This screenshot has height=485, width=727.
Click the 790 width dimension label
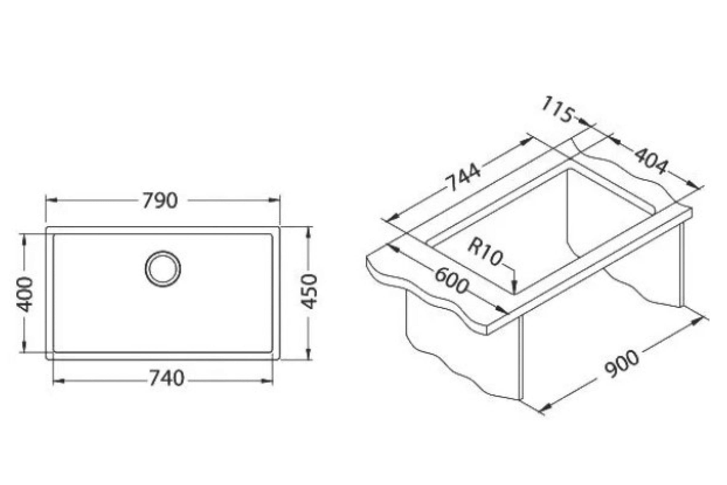160,200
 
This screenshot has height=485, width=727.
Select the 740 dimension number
167,378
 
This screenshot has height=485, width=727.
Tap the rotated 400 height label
25,294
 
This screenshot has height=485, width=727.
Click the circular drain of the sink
163,269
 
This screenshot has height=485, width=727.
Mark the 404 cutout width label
651,161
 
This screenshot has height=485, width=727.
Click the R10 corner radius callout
485,253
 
